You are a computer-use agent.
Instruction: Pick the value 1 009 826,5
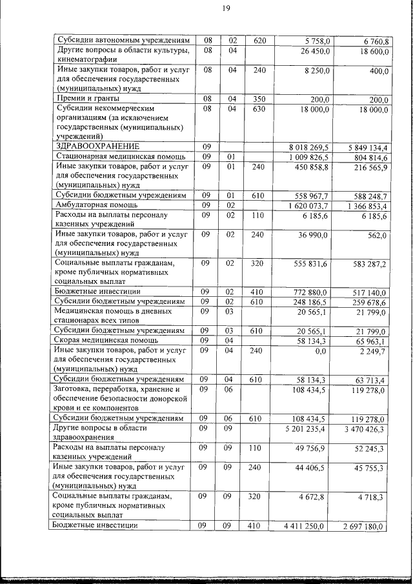pos(312,157)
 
